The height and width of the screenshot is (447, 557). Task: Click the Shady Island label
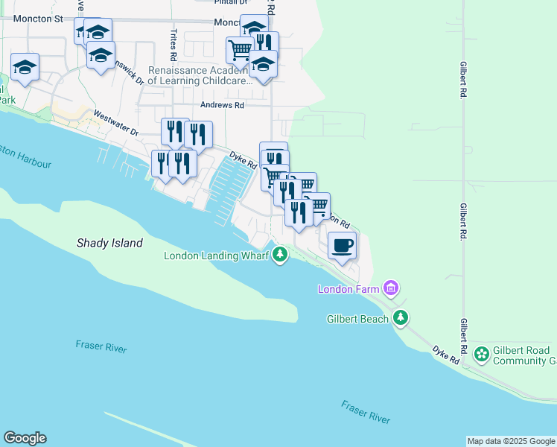[x=109, y=243]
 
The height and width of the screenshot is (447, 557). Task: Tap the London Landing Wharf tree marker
[x=280, y=256]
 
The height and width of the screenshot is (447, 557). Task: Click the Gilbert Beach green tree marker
[x=401, y=318]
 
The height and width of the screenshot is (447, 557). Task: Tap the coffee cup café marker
[x=342, y=245]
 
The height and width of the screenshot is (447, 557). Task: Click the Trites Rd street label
[x=174, y=45]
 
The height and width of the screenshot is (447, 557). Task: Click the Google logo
[x=25, y=438]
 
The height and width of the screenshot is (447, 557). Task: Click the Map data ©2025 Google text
[x=510, y=441]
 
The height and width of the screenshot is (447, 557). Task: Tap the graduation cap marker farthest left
[x=25, y=67]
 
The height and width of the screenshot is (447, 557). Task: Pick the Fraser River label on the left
[x=101, y=346]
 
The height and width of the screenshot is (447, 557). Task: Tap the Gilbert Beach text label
[x=358, y=319]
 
